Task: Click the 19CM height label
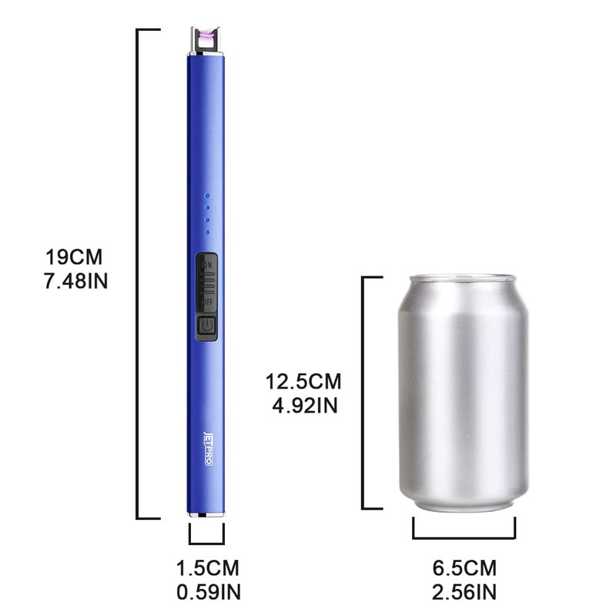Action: [x=75, y=256]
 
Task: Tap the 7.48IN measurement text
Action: [x=75, y=280]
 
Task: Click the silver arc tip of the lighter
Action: [x=205, y=41]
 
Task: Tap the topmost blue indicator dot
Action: [x=206, y=196]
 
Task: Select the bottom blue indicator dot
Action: [x=206, y=232]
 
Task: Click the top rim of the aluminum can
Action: [x=463, y=278]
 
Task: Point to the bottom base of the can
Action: [x=463, y=504]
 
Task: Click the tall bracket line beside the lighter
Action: [x=138, y=273]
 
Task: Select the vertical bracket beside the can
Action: [x=363, y=393]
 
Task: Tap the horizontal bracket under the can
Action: [x=464, y=537]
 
